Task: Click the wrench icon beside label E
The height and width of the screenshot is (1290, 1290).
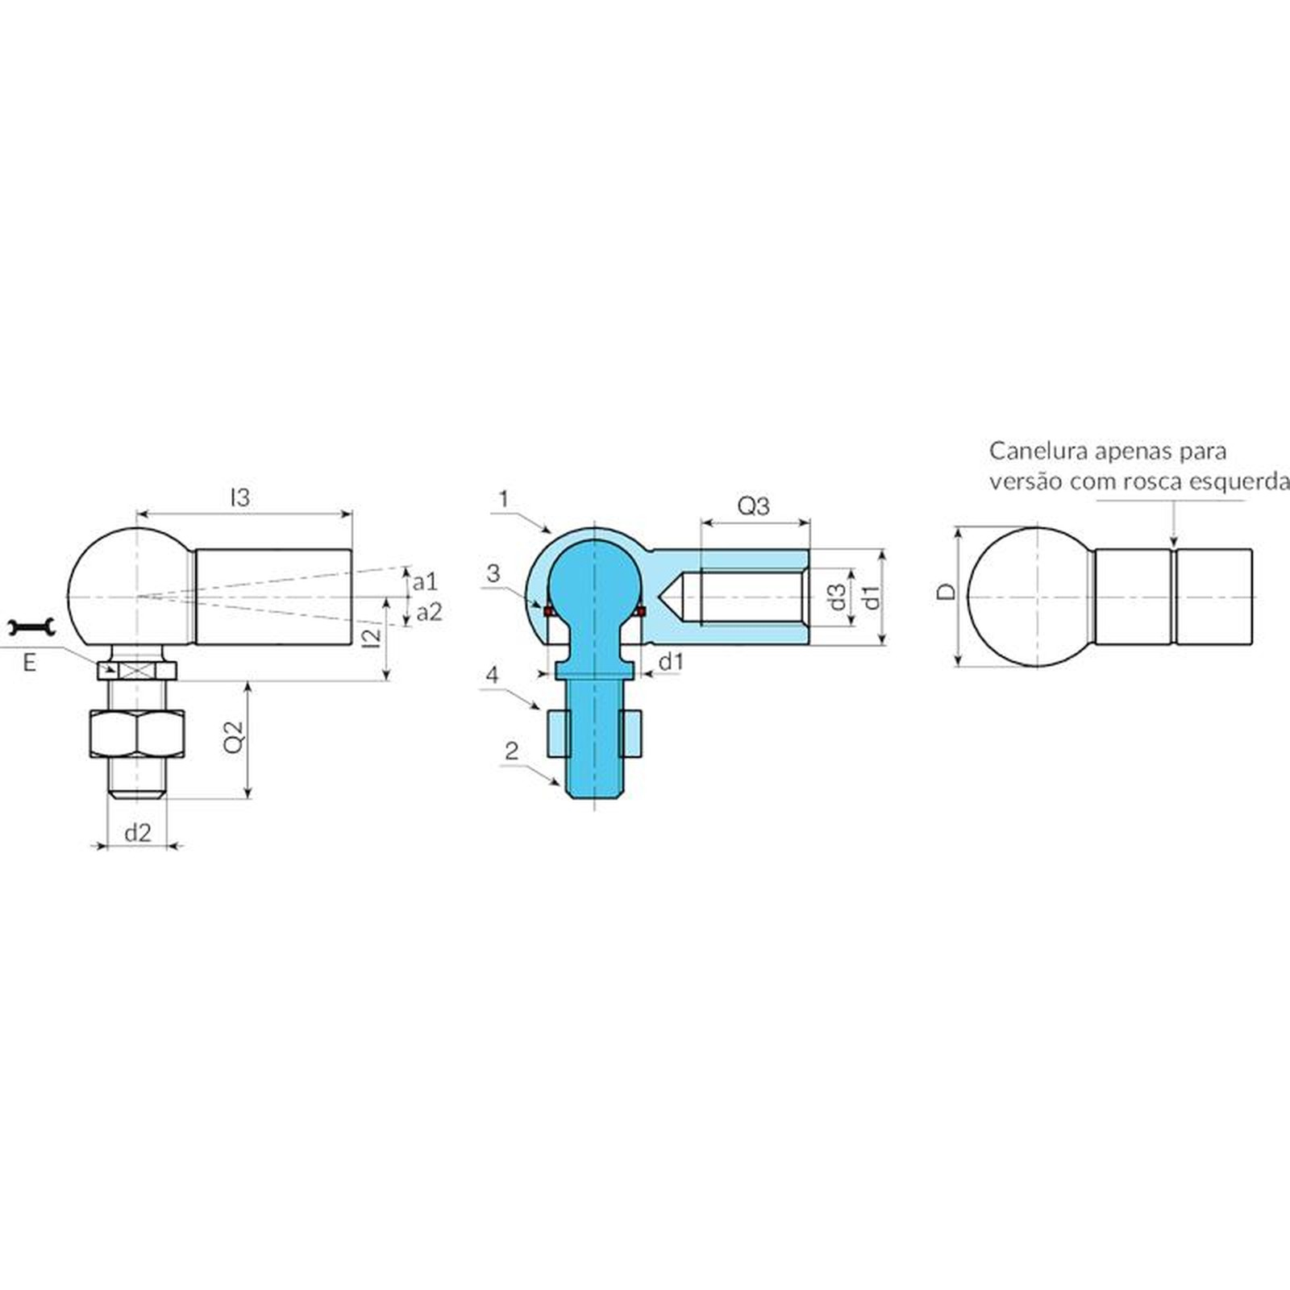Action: pos(31,626)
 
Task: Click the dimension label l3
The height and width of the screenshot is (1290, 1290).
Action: pos(240,497)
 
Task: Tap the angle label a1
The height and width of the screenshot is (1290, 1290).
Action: pos(424,581)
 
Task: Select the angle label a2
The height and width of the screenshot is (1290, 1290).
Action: pos(429,613)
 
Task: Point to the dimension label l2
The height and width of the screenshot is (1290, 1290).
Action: pos(372,637)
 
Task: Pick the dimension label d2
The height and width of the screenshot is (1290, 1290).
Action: pos(138,833)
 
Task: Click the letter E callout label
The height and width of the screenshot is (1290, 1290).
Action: pos(30,663)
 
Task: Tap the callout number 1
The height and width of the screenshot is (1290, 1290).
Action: pos(504,499)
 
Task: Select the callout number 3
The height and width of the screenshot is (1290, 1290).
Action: pos(493,573)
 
